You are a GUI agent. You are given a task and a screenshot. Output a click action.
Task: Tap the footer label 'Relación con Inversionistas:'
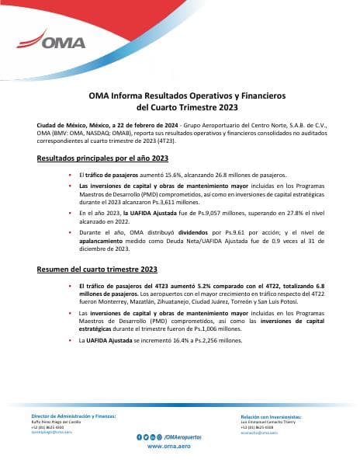click(x=271, y=417)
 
